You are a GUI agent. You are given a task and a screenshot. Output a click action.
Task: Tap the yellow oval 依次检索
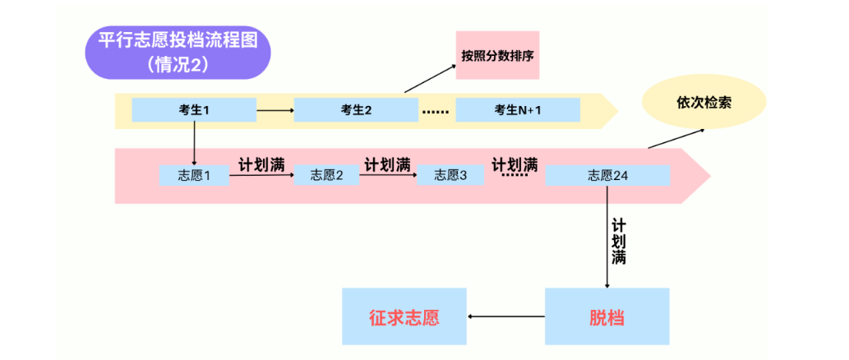point(704,104)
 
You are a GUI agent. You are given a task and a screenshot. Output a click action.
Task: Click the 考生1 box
point(194,109)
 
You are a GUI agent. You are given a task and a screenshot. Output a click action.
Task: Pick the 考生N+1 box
point(518,109)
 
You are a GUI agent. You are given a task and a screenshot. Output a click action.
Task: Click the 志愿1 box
point(195,175)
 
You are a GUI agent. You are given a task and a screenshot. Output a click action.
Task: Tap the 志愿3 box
point(450,175)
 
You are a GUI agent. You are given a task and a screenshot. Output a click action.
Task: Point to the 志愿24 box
point(607,175)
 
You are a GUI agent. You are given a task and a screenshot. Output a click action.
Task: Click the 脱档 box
point(607,316)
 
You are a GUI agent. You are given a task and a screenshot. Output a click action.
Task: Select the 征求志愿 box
point(404,316)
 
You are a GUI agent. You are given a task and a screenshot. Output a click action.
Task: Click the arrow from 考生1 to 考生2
point(275,109)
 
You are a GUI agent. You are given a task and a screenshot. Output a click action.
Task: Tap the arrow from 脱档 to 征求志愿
point(505,316)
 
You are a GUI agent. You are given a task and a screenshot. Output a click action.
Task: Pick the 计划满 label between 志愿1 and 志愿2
point(261,163)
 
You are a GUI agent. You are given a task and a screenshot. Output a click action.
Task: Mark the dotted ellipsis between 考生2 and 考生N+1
point(436,110)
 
